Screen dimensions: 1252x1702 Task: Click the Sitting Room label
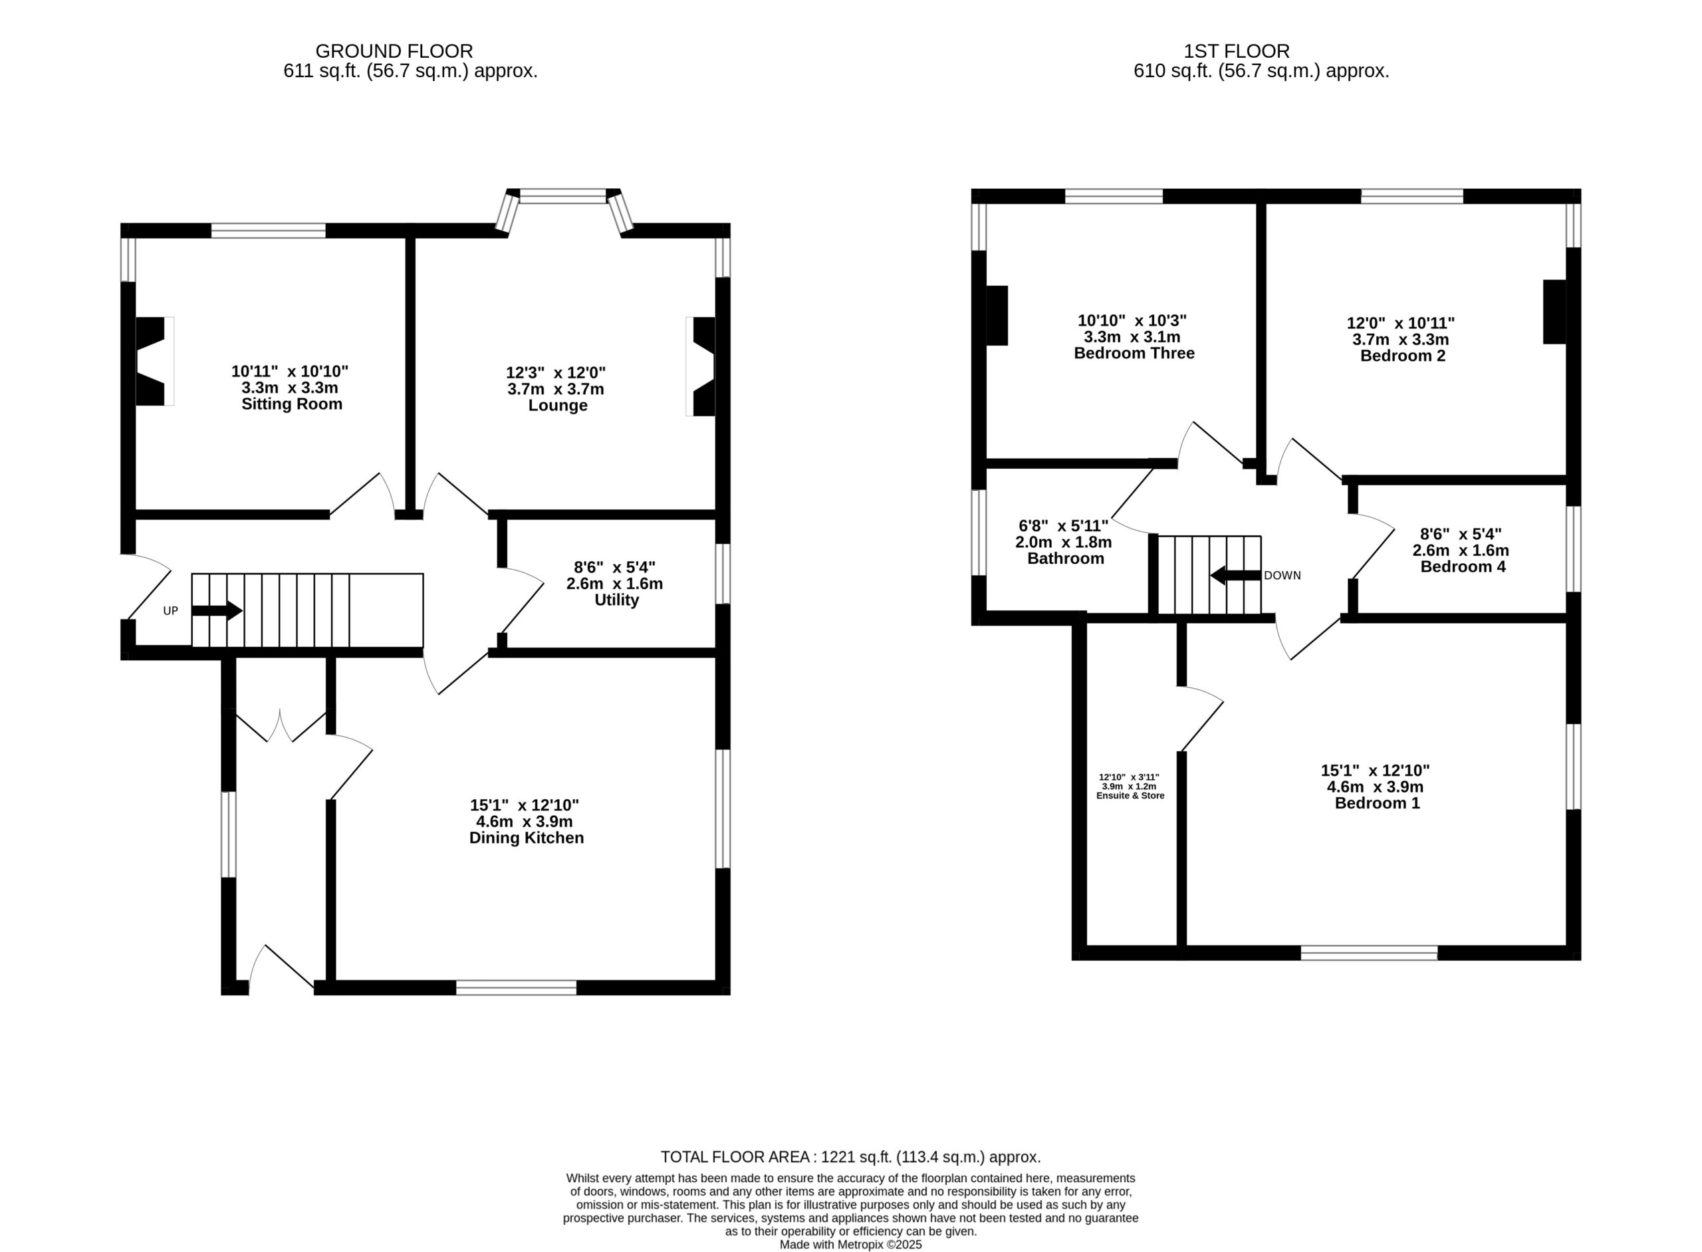(x=292, y=404)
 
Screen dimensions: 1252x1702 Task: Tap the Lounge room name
(x=558, y=406)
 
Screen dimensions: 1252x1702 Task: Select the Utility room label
(x=616, y=600)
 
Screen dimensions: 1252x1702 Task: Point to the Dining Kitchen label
(x=527, y=838)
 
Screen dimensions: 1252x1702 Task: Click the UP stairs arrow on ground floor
(x=217, y=611)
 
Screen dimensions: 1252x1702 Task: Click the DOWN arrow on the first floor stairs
(x=1235, y=575)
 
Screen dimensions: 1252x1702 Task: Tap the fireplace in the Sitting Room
(x=151, y=362)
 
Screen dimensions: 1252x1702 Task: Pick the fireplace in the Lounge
(x=703, y=367)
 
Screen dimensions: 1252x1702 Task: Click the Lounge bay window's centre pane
(x=563, y=197)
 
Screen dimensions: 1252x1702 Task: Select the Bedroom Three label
(x=1134, y=353)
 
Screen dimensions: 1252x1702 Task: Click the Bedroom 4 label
(x=1463, y=567)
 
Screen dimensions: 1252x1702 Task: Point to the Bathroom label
(x=1066, y=559)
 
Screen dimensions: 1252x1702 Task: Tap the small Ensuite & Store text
(x=1130, y=796)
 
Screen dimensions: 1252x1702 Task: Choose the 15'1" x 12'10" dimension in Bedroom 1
(x=1375, y=770)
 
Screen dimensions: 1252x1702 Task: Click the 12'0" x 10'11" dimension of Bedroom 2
(x=1400, y=323)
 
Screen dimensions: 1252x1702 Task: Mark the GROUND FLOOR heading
(x=394, y=51)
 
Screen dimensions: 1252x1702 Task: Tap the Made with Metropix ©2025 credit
(x=850, y=1243)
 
